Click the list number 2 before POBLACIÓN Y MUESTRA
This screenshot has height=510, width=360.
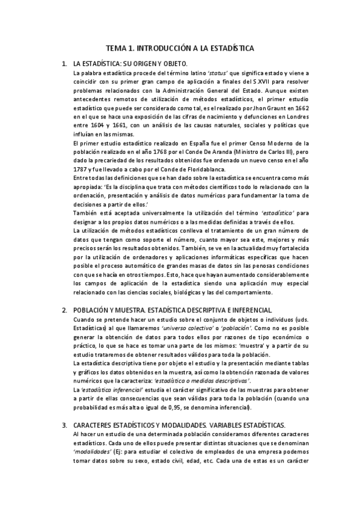pos(64,310)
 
